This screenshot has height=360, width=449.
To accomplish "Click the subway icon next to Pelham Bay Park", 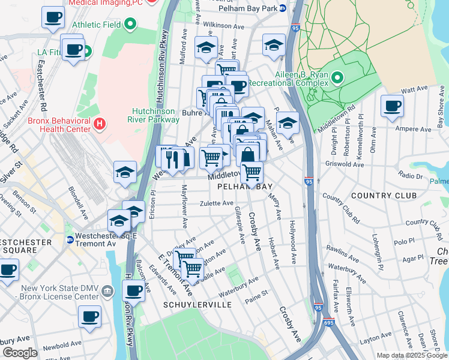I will click(282, 9).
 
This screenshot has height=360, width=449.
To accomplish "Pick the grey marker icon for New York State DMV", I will click(107, 291).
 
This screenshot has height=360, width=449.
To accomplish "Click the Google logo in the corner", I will click(20, 353).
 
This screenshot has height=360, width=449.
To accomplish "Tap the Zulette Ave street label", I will click(216, 203).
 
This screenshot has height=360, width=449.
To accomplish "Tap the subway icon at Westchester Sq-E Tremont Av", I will click(70, 239).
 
